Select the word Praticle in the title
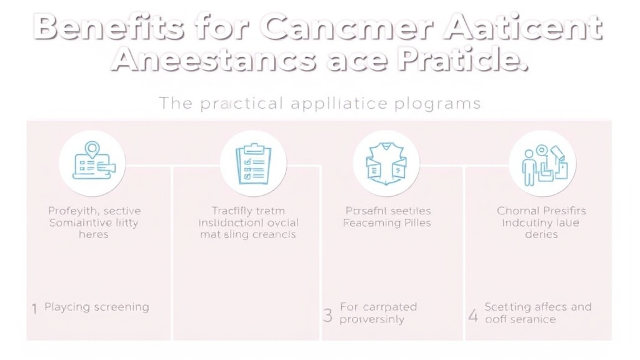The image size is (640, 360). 462,60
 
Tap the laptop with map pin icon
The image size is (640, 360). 92,163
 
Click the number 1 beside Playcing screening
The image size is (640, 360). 34,308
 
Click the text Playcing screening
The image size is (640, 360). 97,307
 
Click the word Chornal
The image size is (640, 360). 517,211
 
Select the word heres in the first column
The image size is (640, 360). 94,235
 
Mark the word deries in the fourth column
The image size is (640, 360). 541,235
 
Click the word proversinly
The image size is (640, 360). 372,319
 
